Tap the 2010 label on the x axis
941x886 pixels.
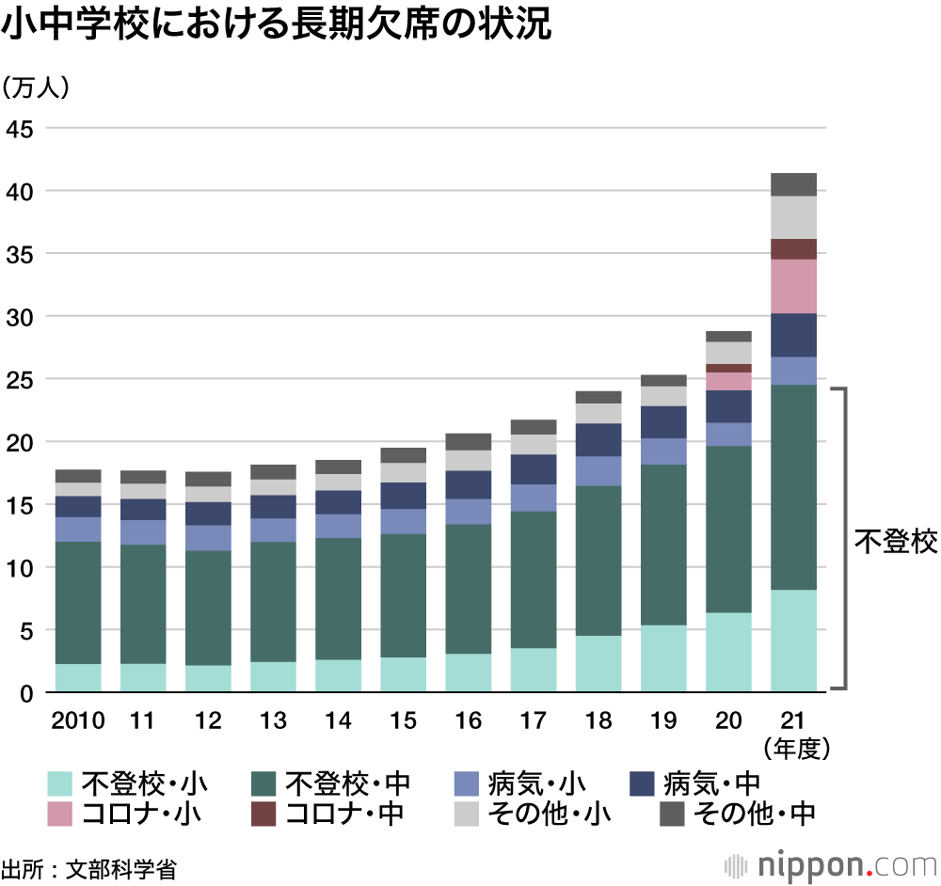coord(78,720)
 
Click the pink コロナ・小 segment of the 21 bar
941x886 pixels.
coord(793,286)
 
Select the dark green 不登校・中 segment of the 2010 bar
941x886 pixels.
coord(78,603)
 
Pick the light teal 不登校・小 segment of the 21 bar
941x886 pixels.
coord(793,641)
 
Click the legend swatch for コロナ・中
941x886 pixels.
coord(264,814)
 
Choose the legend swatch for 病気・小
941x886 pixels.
coord(468,783)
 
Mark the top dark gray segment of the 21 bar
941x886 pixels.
coord(793,184)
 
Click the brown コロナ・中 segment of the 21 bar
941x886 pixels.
coord(793,249)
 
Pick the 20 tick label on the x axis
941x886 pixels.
coord(727,720)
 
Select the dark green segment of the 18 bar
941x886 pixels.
coord(598,561)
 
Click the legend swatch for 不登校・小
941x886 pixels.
coord(60,783)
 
